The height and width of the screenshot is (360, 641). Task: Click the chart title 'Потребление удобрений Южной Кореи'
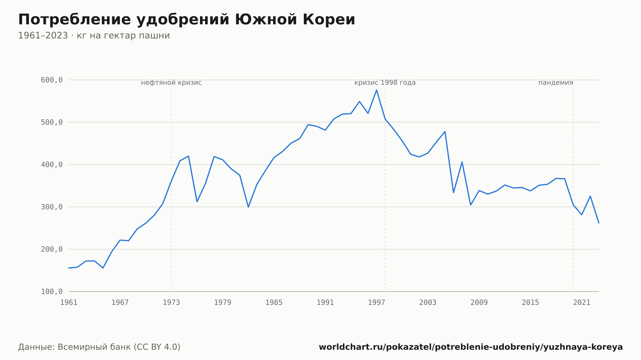(x=187, y=20)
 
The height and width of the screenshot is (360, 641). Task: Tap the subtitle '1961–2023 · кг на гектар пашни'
(x=94, y=36)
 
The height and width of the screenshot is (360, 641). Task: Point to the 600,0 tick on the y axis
(x=52, y=80)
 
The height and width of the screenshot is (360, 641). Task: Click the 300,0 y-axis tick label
(x=52, y=207)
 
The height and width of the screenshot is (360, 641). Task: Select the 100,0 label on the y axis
(x=52, y=291)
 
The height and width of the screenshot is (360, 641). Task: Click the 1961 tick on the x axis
(x=69, y=303)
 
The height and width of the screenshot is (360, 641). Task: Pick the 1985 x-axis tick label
(x=274, y=303)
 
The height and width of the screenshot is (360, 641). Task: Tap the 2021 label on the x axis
(x=582, y=303)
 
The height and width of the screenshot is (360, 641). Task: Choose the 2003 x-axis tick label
(x=428, y=303)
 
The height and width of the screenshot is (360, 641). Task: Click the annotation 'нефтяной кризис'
(x=171, y=83)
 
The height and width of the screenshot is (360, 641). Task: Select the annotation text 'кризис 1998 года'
(x=385, y=83)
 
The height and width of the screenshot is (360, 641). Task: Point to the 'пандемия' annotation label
(x=556, y=83)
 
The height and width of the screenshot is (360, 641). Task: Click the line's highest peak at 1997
(x=377, y=90)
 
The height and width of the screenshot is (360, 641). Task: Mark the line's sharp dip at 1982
(x=248, y=207)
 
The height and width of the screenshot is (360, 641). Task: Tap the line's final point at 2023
(x=599, y=223)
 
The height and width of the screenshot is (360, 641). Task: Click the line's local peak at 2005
(x=445, y=131)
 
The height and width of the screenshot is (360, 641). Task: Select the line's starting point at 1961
(x=69, y=268)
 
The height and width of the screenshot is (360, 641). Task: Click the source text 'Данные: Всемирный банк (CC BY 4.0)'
(x=99, y=347)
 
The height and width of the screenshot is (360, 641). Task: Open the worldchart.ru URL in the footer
(x=471, y=347)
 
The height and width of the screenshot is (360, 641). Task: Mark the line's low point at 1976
(x=197, y=201)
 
